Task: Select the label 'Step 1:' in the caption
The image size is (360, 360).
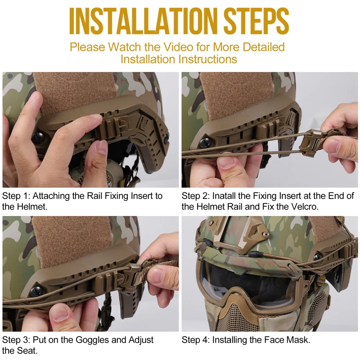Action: click(16, 196)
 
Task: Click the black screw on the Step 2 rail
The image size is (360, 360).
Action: click(205, 142)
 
